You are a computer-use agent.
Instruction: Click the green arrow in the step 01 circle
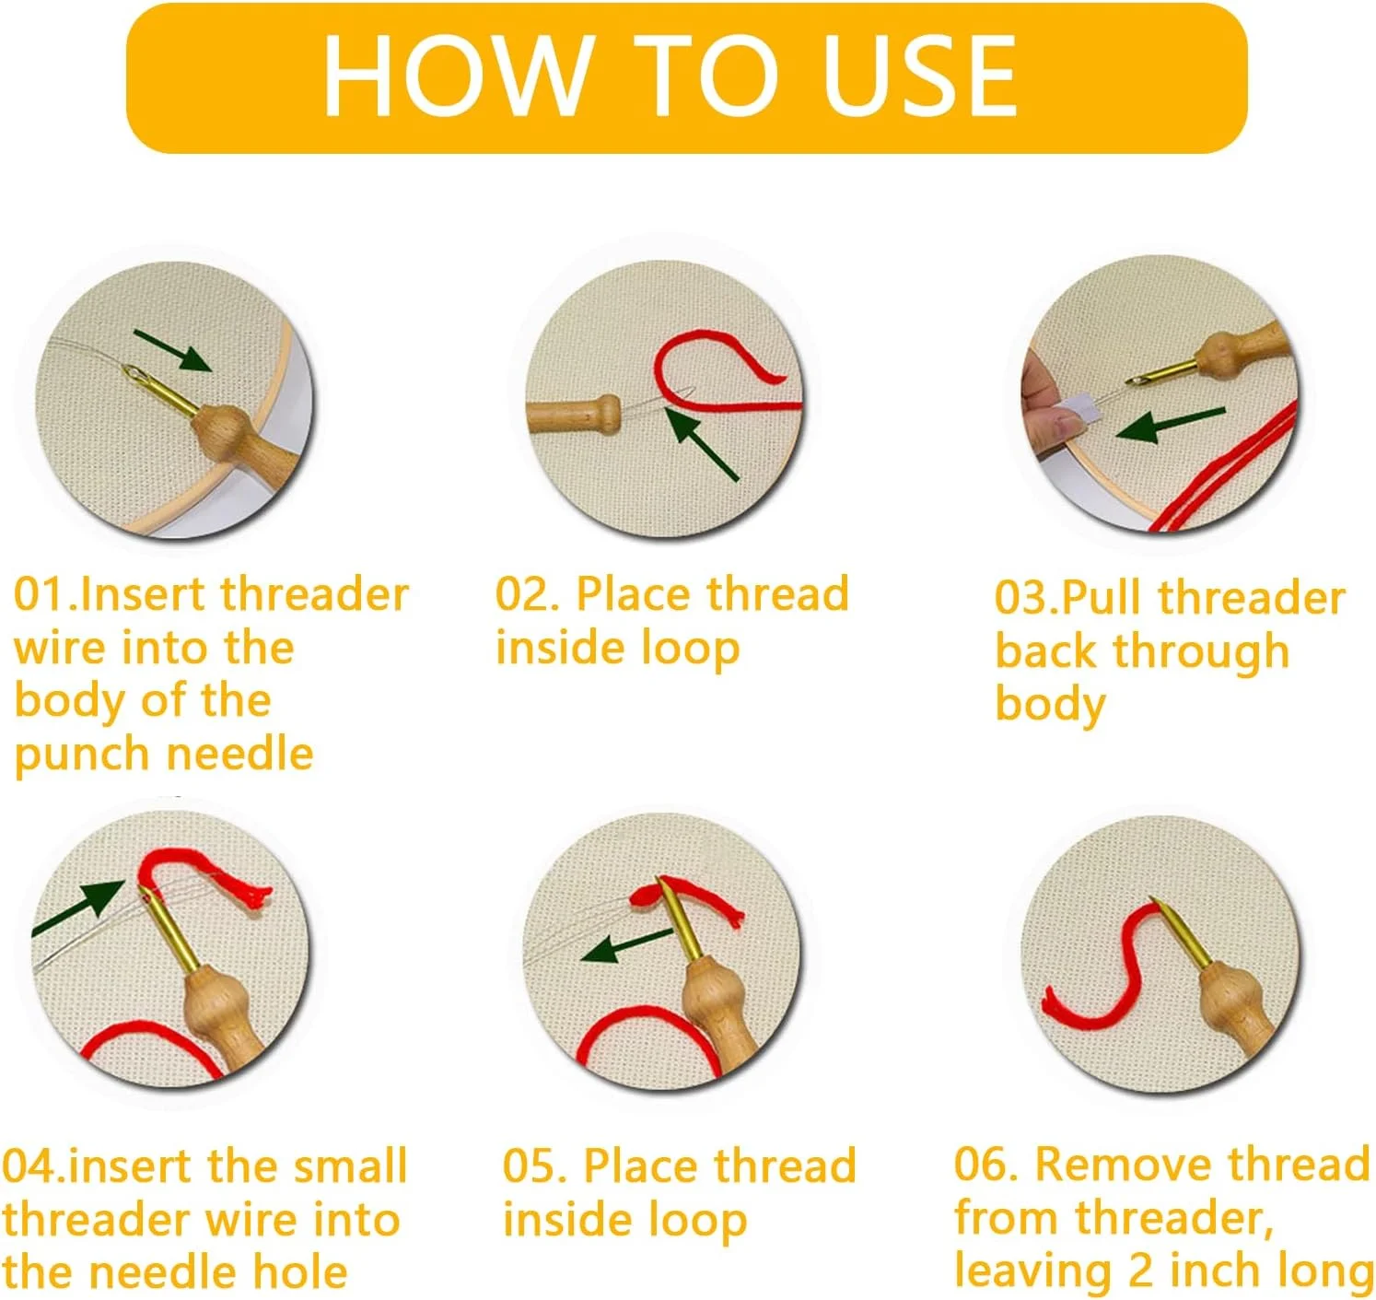pos(172,351)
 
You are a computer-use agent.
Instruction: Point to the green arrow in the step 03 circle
pos(1171,426)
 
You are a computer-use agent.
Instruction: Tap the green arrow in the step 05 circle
pos(626,944)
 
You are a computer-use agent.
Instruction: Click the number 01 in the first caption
pos(41,595)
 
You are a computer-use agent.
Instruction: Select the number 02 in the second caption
pos(522,594)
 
